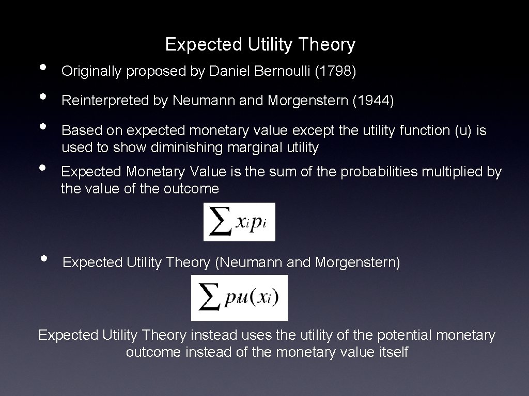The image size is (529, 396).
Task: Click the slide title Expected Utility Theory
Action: point(260,45)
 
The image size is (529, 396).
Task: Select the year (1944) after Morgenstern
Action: point(373,101)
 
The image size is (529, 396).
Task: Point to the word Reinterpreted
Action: point(105,101)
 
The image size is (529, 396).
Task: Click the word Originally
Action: point(92,72)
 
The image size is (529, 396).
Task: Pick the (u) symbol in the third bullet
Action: point(463,130)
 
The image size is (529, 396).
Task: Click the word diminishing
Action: point(183,148)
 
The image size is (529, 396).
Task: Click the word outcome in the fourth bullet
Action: point(191,189)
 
